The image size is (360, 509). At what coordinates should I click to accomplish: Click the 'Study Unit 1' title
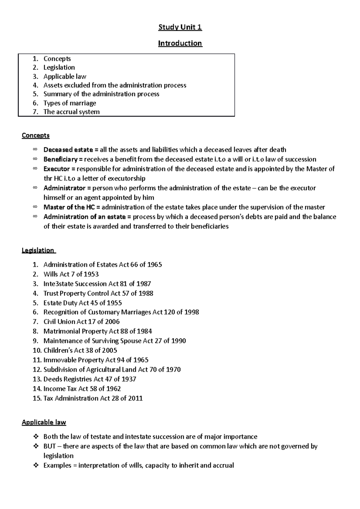pos(180,27)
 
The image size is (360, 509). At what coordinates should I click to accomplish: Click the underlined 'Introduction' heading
pos(180,43)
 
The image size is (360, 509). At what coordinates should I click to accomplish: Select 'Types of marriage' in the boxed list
pos(70,103)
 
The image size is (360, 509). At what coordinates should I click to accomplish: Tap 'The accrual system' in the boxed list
pos(71,112)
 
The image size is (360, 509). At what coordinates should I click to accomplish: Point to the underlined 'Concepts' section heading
pos(35,135)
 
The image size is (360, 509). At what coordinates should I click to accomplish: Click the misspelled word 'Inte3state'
pos(58,284)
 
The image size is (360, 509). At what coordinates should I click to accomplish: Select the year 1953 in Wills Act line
pos(91,274)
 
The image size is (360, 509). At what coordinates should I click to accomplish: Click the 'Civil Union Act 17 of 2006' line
pos(81,322)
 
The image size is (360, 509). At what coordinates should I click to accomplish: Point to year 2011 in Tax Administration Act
pos(135,398)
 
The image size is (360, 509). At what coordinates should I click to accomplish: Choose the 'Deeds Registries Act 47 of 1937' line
pos(90,379)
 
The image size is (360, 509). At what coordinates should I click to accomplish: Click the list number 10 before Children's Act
pos(37,350)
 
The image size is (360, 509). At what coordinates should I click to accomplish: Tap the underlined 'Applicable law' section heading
pos(44,422)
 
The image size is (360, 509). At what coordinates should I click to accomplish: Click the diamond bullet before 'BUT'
pos(35,446)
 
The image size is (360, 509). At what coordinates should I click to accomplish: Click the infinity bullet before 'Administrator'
pos(35,188)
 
